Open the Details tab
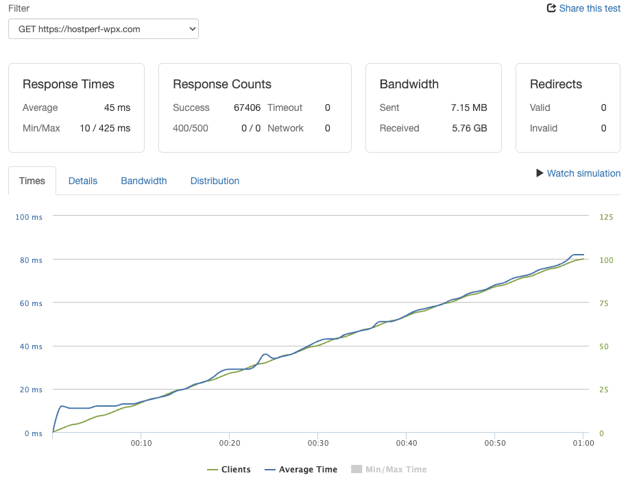[x=83, y=181]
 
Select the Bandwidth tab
[x=144, y=181]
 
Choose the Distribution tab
[x=215, y=181]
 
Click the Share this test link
[x=583, y=8]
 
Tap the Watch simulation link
[x=579, y=173]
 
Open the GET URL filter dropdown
[x=104, y=29]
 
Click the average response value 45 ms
[x=117, y=107]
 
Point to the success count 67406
[x=247, y=107]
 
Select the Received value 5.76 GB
[x=470, y=128]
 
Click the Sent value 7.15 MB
[x=469, y=107]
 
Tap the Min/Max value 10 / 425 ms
[x=105, y=128]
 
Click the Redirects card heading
[x=556, y=84]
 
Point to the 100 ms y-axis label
[x=28, y=217]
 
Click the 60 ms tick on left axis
[x=31, y=303]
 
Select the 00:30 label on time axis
[x=318, y=443]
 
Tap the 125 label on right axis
[x=606, y=217]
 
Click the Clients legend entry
[x=229, y=469]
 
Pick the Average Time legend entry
[x=301, y=469]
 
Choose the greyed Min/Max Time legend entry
[x=389, y=469]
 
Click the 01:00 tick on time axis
[x=583, y=443]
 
